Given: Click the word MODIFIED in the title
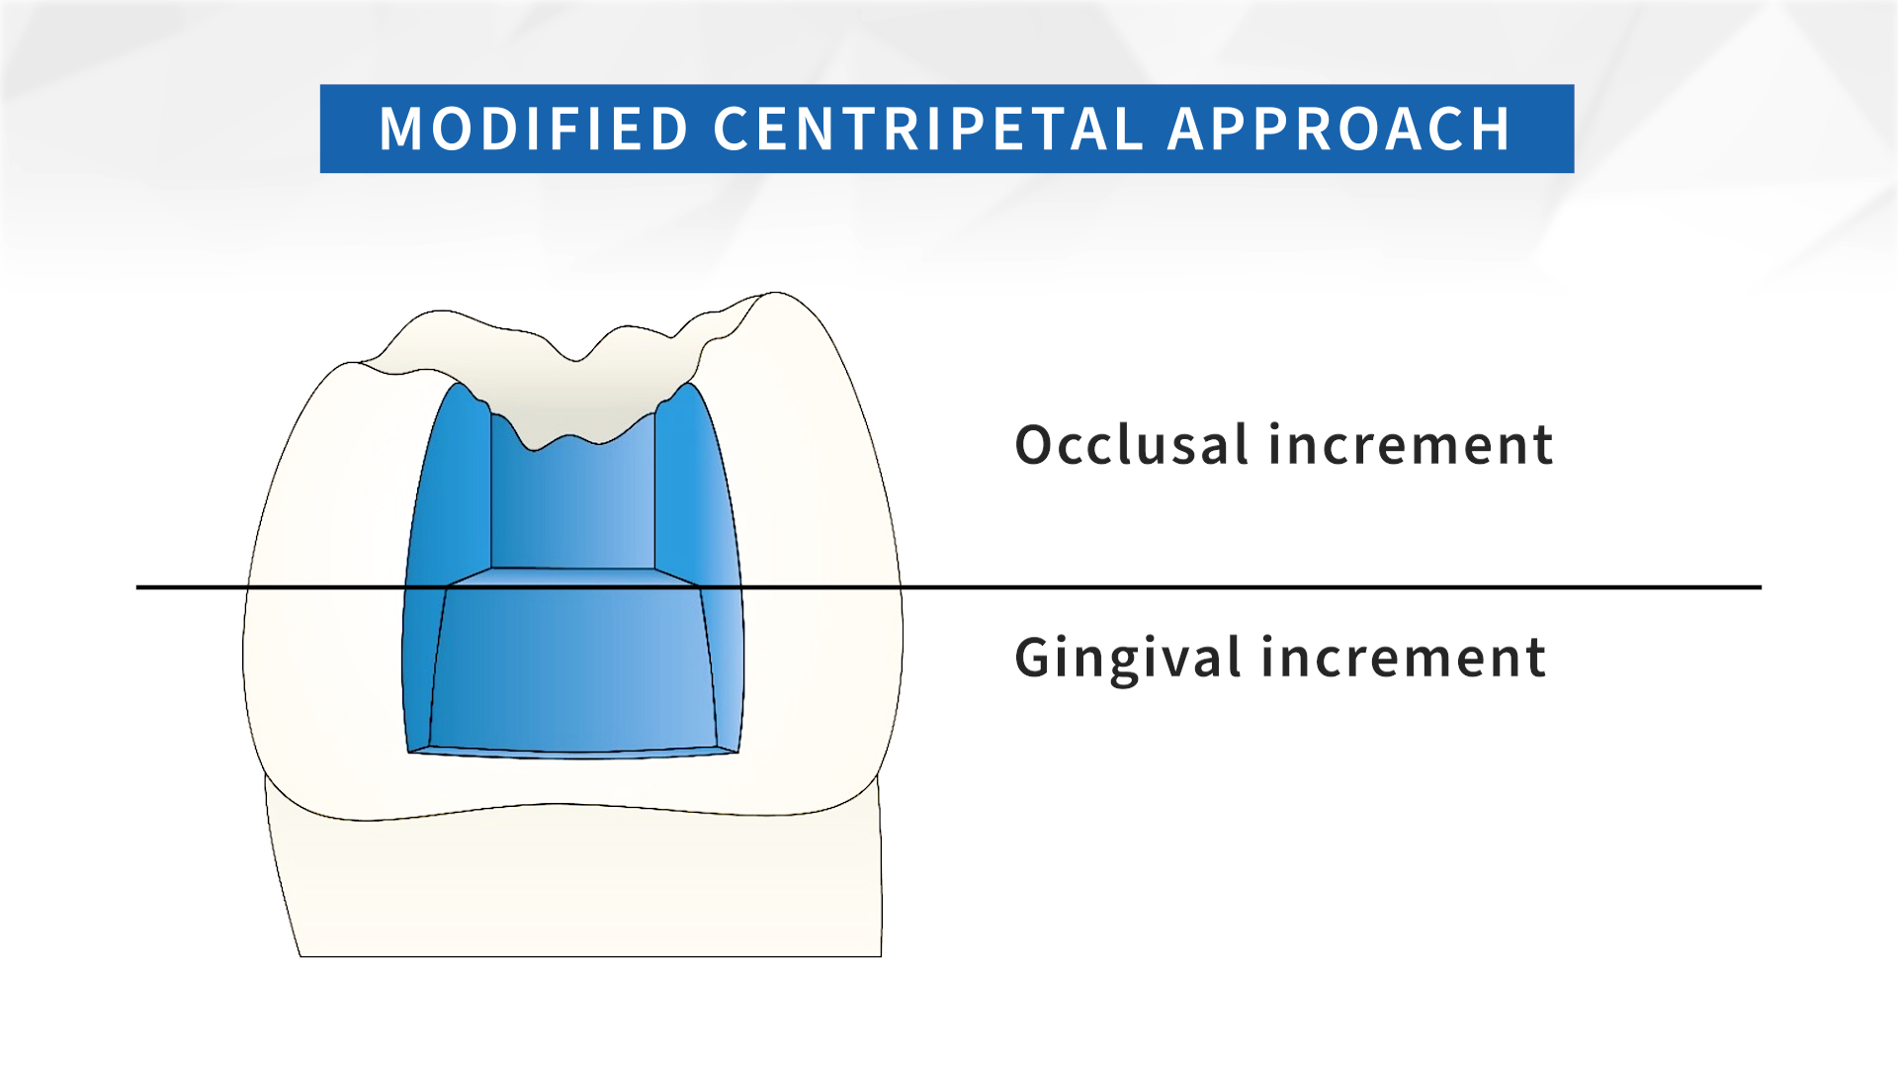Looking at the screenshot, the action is coord(534,130).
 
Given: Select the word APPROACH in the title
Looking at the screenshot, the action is coord(1339,130).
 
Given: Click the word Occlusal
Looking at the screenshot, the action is coord(1132,444).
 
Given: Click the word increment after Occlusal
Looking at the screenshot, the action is coord(1411,446).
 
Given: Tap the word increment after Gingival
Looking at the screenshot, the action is coord(1404,659).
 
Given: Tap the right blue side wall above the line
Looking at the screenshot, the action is coord(698,485).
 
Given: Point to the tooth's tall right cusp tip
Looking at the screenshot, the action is coord(776,293).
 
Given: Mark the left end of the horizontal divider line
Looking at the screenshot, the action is coord(136,587).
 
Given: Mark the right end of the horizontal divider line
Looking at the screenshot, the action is coord(1762,587).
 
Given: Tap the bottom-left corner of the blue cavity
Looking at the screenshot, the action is coord(408,753).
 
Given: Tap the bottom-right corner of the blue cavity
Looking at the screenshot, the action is coord(739,753).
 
